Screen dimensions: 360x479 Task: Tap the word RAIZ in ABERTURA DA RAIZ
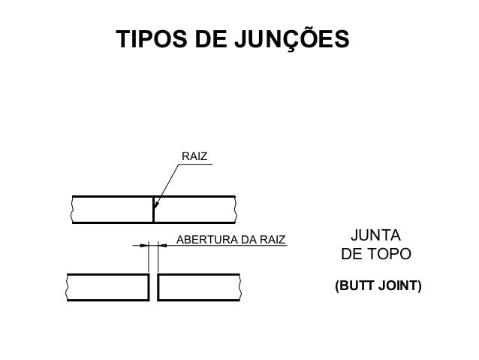pyautogui.click(x=273, y=241)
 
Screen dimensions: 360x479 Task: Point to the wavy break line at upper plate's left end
pyautogui.click(x=72, y=210)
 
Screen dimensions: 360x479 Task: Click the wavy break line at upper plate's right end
pyautogui.click(x=236, y=210)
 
